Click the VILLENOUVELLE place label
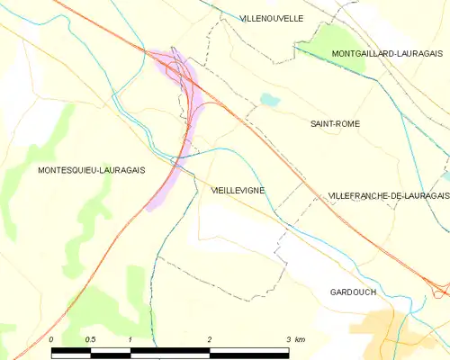272,18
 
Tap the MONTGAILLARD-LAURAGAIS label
373,54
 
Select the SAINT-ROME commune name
335,123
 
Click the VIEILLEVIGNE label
238,191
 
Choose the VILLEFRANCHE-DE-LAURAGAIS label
388,195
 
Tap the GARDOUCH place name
353,292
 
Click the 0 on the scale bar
52,339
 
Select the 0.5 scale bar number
90,339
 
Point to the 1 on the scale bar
130,339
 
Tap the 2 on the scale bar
209,339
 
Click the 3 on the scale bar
288,339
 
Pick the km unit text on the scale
301,339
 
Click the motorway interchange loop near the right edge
441,288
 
